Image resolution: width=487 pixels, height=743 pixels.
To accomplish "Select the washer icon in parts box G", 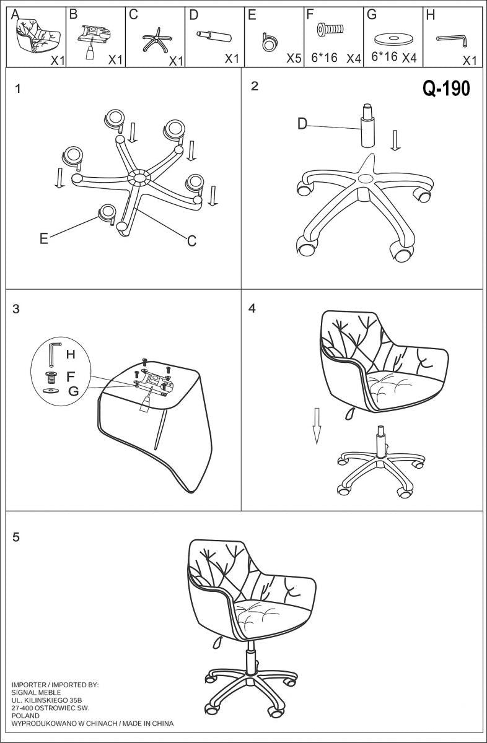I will click(x=393, y=39).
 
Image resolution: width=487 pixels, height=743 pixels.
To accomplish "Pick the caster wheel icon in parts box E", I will click(x=270, y=43).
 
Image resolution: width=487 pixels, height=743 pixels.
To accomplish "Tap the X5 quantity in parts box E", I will click(x=294, y=59).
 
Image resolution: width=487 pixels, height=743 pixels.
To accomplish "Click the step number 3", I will click(x=16, y=309).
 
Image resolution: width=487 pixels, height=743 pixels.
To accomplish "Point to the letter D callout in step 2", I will click(x=302, y=124).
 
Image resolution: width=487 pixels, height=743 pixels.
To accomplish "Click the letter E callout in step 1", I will click(x=43, y=238).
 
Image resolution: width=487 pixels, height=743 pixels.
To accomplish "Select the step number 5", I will click(x=16, y=537).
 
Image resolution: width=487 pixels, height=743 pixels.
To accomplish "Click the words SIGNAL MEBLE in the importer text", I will click(x=37, y=692).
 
